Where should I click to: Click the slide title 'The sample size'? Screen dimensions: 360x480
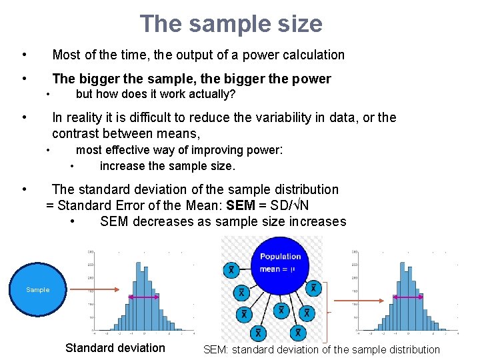coord(231,24)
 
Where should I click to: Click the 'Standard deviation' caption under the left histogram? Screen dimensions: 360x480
coord(115,348)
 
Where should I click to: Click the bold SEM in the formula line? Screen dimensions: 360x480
coord(241,205)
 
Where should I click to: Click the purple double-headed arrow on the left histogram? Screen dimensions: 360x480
coord(141,297)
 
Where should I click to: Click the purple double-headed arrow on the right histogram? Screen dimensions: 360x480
coord(405,297)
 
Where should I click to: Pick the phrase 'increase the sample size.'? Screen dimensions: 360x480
coord(167,166)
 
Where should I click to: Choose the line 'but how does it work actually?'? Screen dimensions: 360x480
coord(155,94)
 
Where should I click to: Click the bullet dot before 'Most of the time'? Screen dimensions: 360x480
coord(23,55)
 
